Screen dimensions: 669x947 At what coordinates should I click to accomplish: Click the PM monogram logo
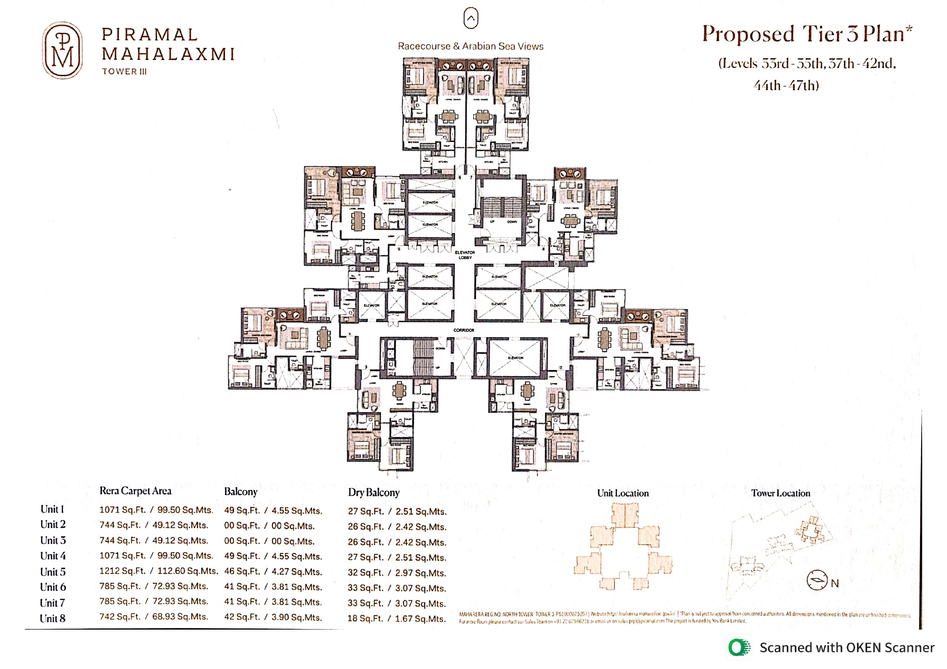click(63, 50)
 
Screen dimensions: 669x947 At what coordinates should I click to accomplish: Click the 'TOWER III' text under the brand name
click(125, 71)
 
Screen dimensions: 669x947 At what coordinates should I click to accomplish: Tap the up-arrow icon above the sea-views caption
click(471, 18)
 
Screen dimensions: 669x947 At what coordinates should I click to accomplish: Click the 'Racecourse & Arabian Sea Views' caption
click(471, 46)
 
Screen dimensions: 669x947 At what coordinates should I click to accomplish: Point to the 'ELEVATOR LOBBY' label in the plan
click(465, 255)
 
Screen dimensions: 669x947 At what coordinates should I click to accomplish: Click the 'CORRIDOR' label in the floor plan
click(464, 330)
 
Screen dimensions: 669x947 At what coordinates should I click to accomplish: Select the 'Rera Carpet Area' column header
click(135, 491)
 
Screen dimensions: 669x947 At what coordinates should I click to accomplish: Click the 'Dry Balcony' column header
click(373, 493)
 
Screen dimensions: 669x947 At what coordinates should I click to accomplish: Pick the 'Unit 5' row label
click(53, 572)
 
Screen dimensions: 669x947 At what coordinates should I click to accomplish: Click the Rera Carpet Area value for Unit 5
click(158, 571)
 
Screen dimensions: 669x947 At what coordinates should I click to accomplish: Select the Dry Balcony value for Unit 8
click(397, 619)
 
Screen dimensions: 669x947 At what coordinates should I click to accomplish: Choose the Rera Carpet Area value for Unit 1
click(156, 510)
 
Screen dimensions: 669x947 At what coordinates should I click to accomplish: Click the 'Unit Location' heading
click(623, 493)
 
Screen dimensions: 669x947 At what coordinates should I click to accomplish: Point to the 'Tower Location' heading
click(780, 493)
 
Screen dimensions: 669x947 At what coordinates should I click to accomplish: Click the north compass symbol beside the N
click(817, 581)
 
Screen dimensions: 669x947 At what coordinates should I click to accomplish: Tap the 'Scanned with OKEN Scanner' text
click(847, 648)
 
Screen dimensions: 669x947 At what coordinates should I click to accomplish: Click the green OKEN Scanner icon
click(739, 647)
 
